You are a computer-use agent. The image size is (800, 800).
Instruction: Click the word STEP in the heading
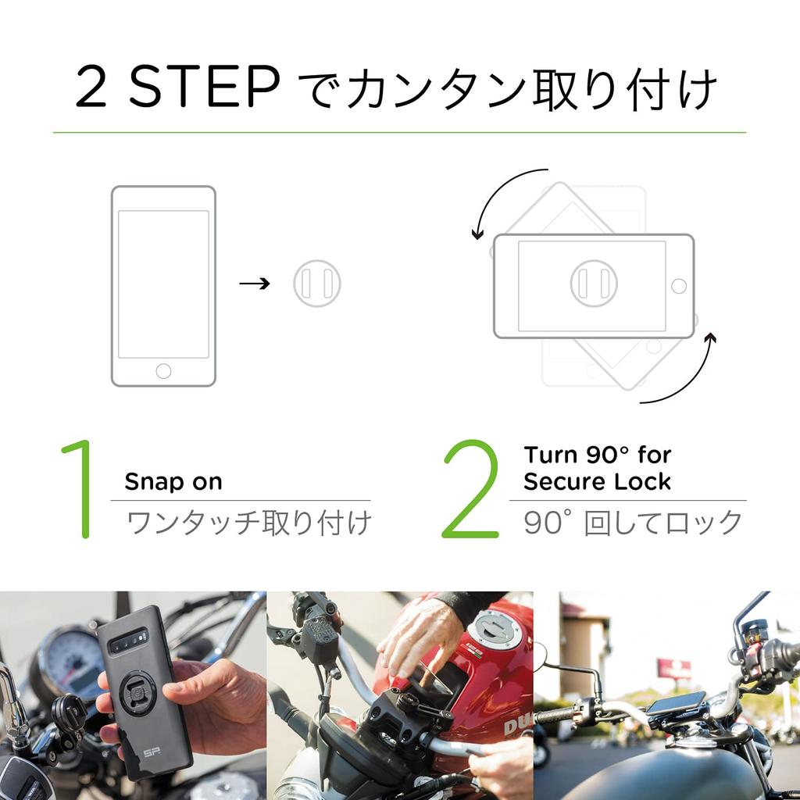pyautogui.click(x=204, y=88)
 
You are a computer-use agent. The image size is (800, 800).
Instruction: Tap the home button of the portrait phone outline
pyautogui.click(x=163, y=370)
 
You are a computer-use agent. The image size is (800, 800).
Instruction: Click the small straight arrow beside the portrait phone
pyautogui.click(x=254, y=283)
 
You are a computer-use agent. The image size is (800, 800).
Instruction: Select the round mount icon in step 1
pyautogui.click(x=317, y=283)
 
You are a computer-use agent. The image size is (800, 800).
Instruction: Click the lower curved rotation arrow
pyautogui.click(x=687, y=375)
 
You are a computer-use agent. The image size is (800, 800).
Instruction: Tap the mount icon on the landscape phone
pyautogui.click(x=594, y=283)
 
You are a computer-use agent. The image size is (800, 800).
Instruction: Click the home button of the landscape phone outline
pyautogui.click(x=678, y=286)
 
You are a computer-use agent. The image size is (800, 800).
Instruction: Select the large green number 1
pyautogui.click(x=78, y=490)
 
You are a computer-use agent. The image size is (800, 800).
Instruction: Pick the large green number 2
pyautogui.click(x=470, y=490)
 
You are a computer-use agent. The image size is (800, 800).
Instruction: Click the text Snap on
pyautogui.click(x=173, y=482)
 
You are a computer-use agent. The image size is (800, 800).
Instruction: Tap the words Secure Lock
pyautogui.click(x=597, y=481)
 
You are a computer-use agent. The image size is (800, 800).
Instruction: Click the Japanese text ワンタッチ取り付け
pyautogui.click(x=248, y=523)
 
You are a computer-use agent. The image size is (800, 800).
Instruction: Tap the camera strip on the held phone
pyautogui.click(x=129, y=641)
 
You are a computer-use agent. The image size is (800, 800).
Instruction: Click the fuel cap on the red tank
pyautogui.click(x=495, y=627)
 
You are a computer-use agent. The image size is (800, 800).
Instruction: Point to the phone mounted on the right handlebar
pyautogui.click(x=675, y=702)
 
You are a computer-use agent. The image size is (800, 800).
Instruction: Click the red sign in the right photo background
pyautogui.click(x=673, y=669)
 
